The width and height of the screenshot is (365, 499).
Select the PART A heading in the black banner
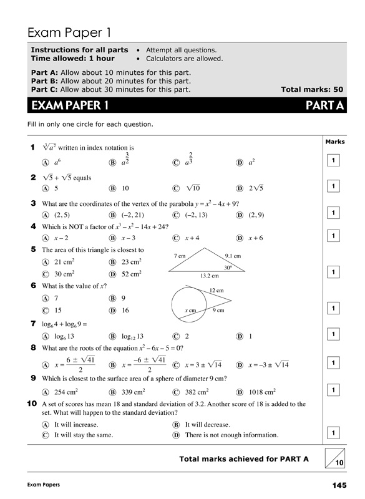pyautogui.click(x=324, y=105)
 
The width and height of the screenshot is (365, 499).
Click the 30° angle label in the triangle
pyautogui.click(x=228, y=267)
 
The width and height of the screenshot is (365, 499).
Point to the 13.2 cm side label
pyautogui.click(x=209, y=275)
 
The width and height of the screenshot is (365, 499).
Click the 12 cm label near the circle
pyautogui.click(x=217, y=291)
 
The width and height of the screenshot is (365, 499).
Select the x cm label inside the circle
pyautogui.click(x=190, y=310)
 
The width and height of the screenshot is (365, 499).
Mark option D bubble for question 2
pyautogui.click(x=240, y=188)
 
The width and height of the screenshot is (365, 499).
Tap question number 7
pyautogui.click(x=32, y=324)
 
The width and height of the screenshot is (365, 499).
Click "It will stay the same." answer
pyautogui.click(x=84, y=435)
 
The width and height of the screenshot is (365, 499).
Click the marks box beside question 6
pyautogui.click(x=334, y=308)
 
